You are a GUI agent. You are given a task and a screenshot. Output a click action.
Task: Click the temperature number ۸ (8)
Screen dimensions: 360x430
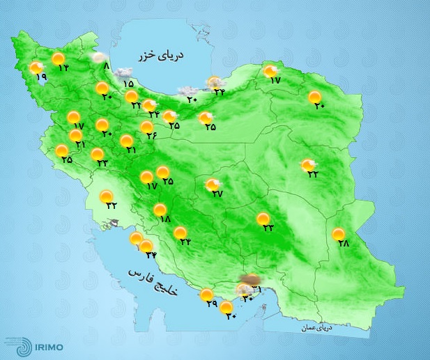click(x=106, y=68)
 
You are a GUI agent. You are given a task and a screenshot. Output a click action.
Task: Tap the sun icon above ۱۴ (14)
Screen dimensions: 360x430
click(x=59, y=58)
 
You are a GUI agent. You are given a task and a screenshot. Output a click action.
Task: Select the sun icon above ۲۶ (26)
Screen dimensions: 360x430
click(x=147, y=127)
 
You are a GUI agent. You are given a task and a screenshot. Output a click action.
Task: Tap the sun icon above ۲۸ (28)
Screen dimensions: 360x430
click(x=339, y=234)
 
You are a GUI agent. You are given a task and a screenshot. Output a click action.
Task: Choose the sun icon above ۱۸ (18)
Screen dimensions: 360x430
click(x=160, y=209)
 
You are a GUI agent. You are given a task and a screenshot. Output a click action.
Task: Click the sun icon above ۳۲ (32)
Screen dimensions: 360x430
click(x=107, y=196)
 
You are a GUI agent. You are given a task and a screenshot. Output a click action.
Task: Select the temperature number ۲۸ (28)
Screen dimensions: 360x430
click(x=342, y=244)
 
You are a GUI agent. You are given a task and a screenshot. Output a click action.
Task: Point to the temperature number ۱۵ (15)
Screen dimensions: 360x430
click(x=129, y=84)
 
